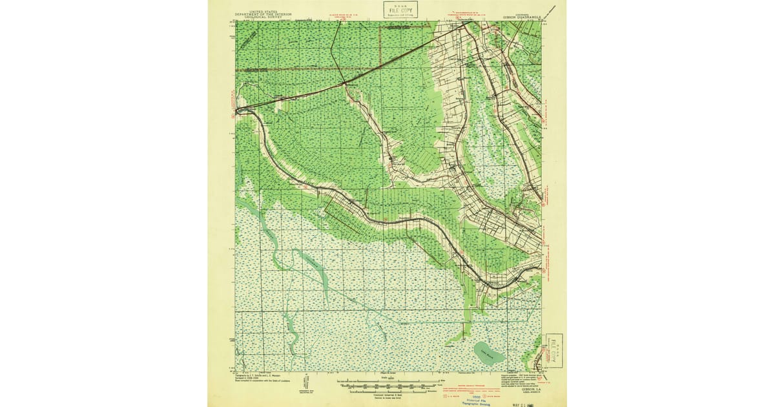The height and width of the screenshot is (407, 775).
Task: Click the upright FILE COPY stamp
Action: click(x=400, y=9)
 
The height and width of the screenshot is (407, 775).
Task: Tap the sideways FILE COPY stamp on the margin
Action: click(x=554, y=350)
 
